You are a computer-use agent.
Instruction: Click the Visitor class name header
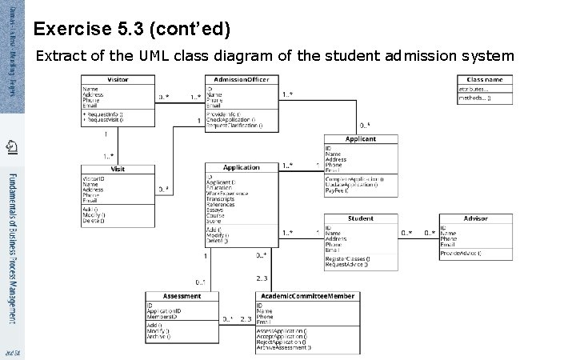(x=117, y=80)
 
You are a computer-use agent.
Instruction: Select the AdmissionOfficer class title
(x=242, y=80)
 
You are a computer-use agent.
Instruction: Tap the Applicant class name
(x=360, y=139)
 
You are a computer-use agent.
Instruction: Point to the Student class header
(x=360, y=218)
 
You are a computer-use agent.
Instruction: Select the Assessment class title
(x=182, y=296)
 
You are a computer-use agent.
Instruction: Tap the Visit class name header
(x=117, y=170)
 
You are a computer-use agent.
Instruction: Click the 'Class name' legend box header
(x=485, y=80)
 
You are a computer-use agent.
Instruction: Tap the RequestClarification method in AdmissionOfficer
(x=234, y=126)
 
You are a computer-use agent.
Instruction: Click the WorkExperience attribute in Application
(x=227, y=194)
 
